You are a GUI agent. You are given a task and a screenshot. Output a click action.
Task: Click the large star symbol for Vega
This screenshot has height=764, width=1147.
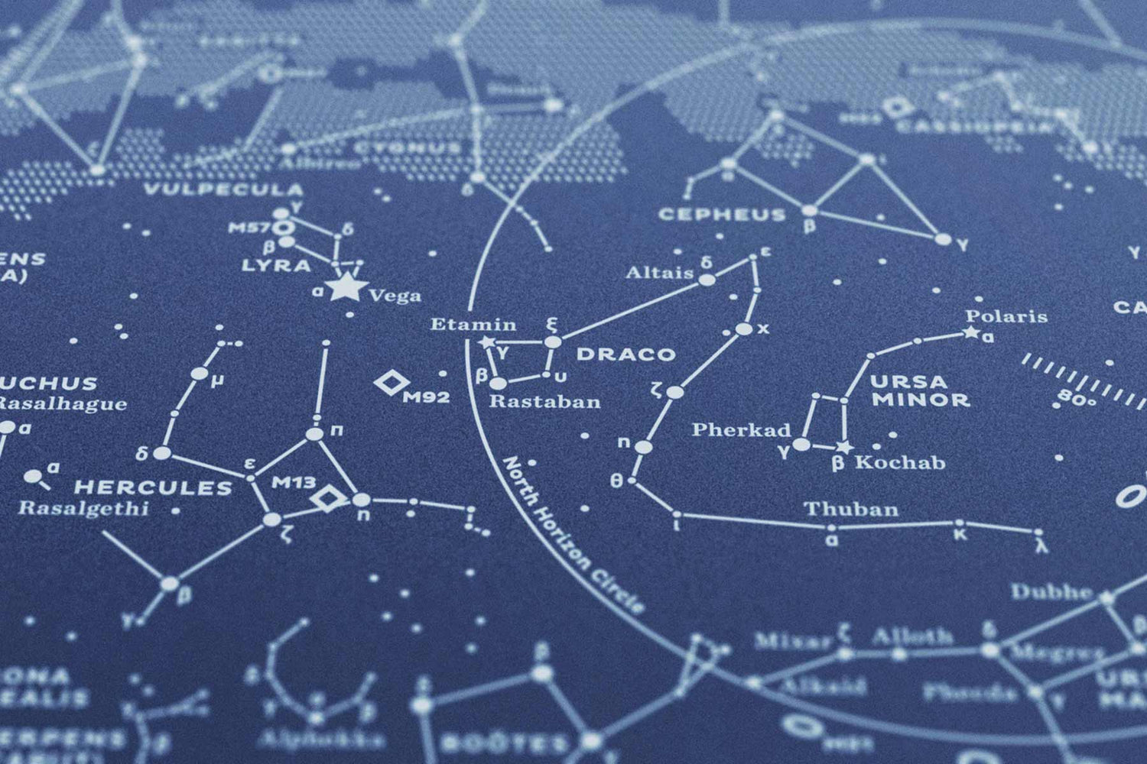pyautogui.click(x=347, y=288)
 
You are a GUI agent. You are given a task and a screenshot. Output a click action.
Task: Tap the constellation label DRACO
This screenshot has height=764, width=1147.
pyautogui.click(x=625, y=354)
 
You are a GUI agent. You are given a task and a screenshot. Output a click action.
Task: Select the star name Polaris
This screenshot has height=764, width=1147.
pyautogui.click(x=1006, y=316)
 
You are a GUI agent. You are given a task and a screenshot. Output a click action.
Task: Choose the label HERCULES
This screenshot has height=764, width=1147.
pyautogui.click(x=153, y=487)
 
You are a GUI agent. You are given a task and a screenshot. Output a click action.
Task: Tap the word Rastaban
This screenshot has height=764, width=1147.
pyautogui.click(x=544, y=402)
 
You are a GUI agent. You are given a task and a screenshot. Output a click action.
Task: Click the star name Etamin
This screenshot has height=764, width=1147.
pyautogui.click(x=473, y=325)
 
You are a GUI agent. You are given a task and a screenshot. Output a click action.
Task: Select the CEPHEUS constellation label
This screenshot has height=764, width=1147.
pyautogui.click(x=722, y=215)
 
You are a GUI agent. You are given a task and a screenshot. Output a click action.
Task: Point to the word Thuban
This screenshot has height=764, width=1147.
pyautogui.click(x=850, y=510)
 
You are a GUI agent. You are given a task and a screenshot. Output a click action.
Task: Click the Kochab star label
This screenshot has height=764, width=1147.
pyautogui.click(x=900, y=462)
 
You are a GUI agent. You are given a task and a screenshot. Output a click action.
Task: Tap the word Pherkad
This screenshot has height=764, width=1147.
pyautogui.click(x=741, y=430)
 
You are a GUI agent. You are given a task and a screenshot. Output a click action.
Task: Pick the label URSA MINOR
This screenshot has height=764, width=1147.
pyautogui.click(x=920, y=390)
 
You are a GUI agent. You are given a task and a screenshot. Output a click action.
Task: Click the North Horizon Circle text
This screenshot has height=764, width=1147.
pyautogui.click(x=573, y=534)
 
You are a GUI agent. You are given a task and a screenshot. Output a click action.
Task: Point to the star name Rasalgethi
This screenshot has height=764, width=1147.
pyautogui.click(x=83, y=507)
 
